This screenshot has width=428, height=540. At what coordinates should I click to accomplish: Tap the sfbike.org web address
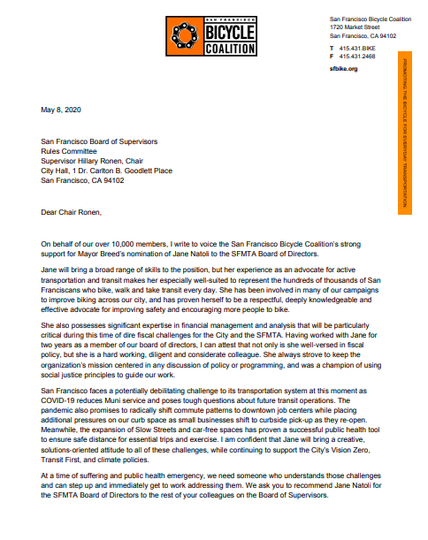[x=343, y=67]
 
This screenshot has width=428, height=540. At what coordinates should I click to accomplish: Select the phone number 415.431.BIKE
[x=355, y=47]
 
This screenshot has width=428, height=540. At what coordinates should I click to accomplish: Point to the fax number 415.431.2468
[x=355, y=56]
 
